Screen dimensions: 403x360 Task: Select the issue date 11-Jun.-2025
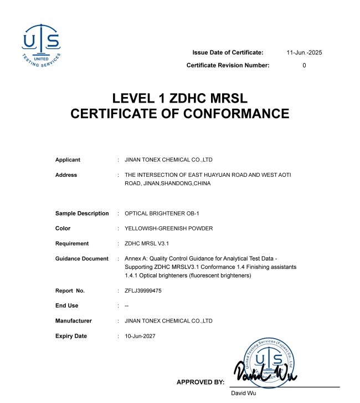(304, 52)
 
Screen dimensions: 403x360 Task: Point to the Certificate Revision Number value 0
(304, 65)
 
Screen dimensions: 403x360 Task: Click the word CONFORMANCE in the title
(228, 114)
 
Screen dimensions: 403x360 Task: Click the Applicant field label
(68, 160)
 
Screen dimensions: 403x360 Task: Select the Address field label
(66, 175)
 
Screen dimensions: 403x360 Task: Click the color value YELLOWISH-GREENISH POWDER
(169, 228)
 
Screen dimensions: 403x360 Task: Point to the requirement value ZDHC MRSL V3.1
(147, 243)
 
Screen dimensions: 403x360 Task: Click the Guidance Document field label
(82, 259)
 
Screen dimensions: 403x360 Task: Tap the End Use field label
(67, 305)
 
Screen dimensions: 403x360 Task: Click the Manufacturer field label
(74, 320)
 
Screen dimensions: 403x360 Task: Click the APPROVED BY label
(200, 382)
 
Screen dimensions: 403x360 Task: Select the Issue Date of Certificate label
(228, 52)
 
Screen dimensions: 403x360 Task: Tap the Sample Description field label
(82, 213)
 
